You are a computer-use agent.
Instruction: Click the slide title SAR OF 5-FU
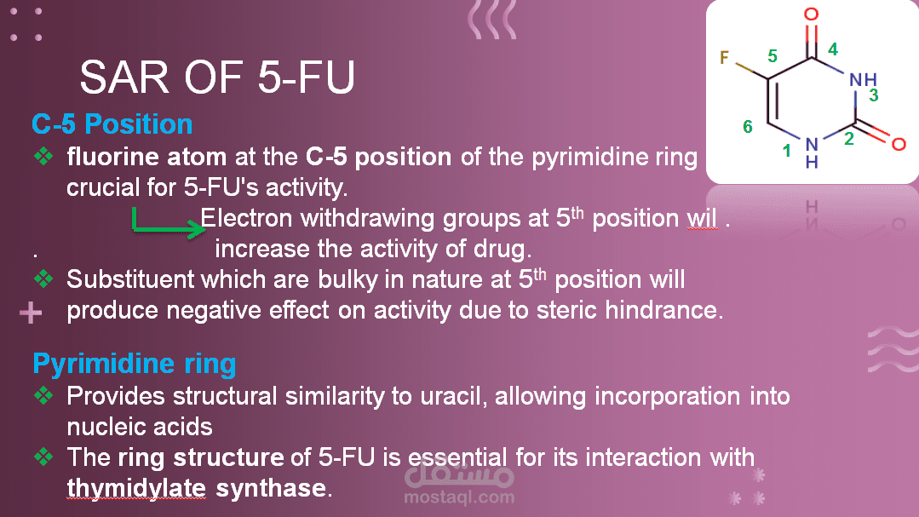click(x=217, y=77)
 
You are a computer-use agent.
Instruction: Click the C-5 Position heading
click(x=112, y=124)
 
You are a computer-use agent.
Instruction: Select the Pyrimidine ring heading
click(x=135, y=364)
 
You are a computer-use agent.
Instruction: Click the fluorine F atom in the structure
click(x=725, y=57)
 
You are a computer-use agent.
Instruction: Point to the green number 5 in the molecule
click(x=773, y=56)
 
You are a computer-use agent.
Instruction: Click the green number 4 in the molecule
click(x=832, y=49)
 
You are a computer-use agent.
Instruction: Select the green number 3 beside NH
click(x=873, y=95)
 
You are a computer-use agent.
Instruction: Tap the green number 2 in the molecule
click(x=848, y=139)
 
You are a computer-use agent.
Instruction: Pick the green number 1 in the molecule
click(x=786, y=152)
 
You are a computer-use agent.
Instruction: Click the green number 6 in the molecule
click(x=747, y=127)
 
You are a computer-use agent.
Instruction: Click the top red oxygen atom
click(x=811, y=14)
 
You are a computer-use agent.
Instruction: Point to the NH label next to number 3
click(x=863, y=80)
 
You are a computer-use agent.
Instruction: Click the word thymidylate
click(x=136, y=488)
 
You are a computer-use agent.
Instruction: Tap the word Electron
click(x=246, y=218)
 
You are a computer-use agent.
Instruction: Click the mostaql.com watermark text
click(x=460, y=497)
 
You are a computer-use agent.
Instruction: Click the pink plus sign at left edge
click(x=31, y=313)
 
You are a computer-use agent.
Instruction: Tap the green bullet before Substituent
click(x=43, y=279)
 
